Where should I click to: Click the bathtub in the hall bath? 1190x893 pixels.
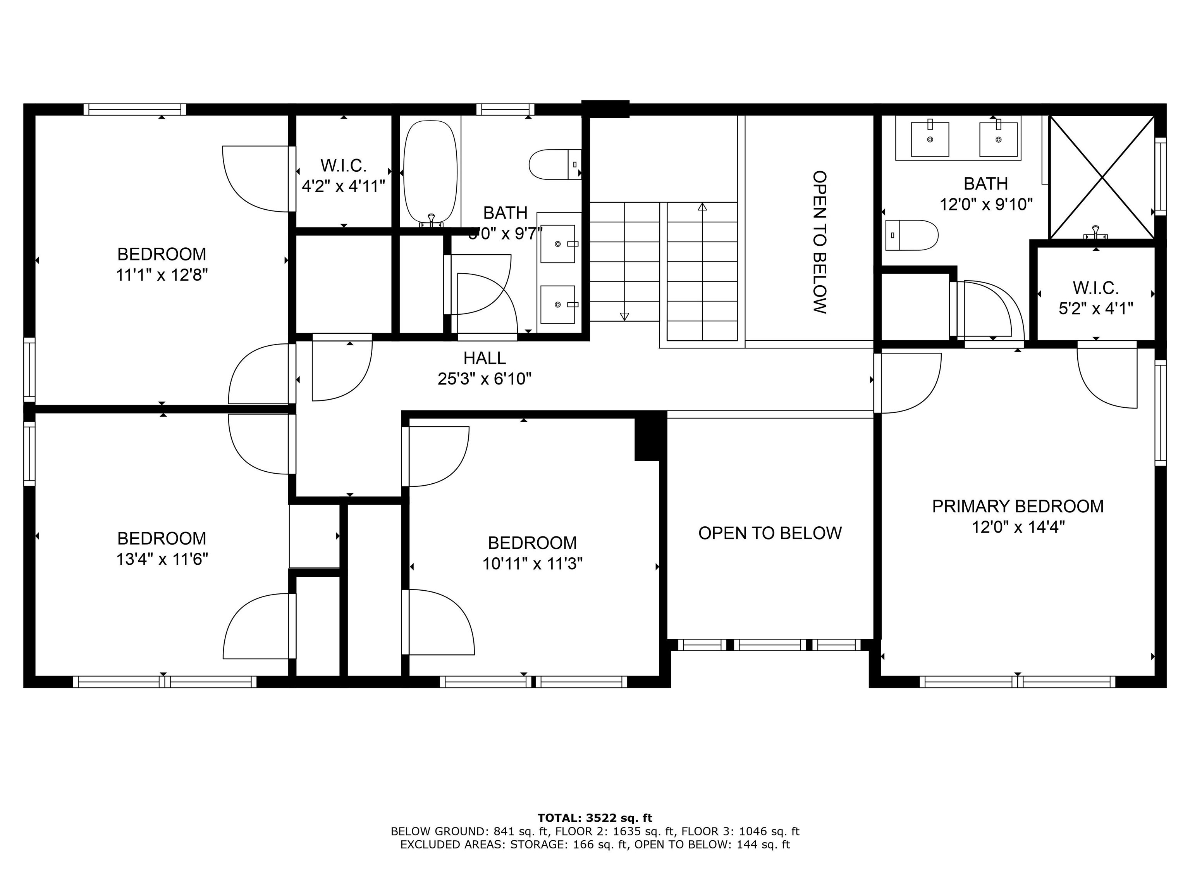(x=430, y=172)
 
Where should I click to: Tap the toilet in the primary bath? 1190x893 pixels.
(x=912, y=235)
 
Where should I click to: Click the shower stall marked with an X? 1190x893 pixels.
(x=1102, y=177)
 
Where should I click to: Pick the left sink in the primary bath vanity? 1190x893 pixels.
(x=930, y=139)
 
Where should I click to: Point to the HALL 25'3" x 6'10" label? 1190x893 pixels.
(x=484, y=369)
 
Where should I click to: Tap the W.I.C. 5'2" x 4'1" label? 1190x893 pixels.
(x=1096, y=298)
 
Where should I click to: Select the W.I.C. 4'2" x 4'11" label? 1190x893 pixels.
(x=343, y=176)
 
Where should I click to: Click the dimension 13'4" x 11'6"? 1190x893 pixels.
(x=162, y=560)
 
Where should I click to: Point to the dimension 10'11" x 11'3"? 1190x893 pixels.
(x=532, y=564)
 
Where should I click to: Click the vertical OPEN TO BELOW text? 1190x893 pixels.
(x=819, y=242)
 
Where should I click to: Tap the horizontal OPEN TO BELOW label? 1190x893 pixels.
(x=770, y=533)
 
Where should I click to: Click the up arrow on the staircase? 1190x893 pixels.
(x=702, y=207)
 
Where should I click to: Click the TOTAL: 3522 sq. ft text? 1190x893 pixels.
(x=595, y=818)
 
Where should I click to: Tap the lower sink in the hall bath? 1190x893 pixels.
(x=558, y=305)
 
